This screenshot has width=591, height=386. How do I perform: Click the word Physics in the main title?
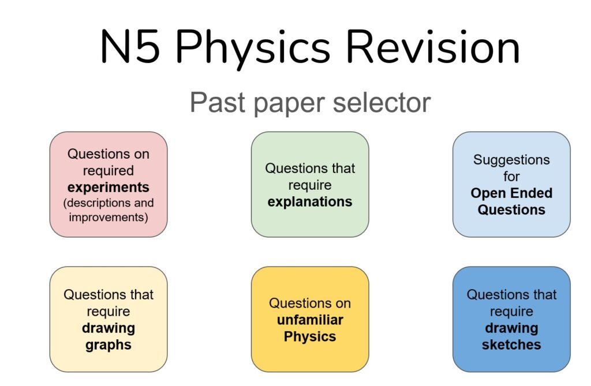pos(253,48)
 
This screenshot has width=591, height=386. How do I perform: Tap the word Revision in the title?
pos(433,47)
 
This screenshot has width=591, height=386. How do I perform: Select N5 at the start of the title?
pos(130,47)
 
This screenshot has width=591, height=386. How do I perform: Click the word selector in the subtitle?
pos(381,103)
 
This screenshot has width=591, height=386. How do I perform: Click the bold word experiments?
pos(108,188)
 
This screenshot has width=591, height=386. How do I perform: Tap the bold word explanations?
pos(310,202)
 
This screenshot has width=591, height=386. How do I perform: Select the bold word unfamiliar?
pos(310,320)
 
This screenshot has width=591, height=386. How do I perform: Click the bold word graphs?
pos(108,345)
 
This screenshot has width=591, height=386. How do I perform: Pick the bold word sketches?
pos(511,344)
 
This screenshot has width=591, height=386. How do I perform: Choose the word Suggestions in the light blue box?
pos(511,160)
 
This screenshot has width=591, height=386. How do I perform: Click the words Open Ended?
pos(511,193)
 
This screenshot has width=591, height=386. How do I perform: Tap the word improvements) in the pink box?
pos(108,218)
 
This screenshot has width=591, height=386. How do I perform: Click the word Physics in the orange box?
pos(310,336)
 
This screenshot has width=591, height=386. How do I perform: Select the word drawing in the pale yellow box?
pos(108,328)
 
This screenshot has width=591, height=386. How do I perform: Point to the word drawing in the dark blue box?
pos(511,328)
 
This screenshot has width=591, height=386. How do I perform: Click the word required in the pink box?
pos(108,171)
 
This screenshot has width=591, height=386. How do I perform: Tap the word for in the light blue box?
pos(511,177)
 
